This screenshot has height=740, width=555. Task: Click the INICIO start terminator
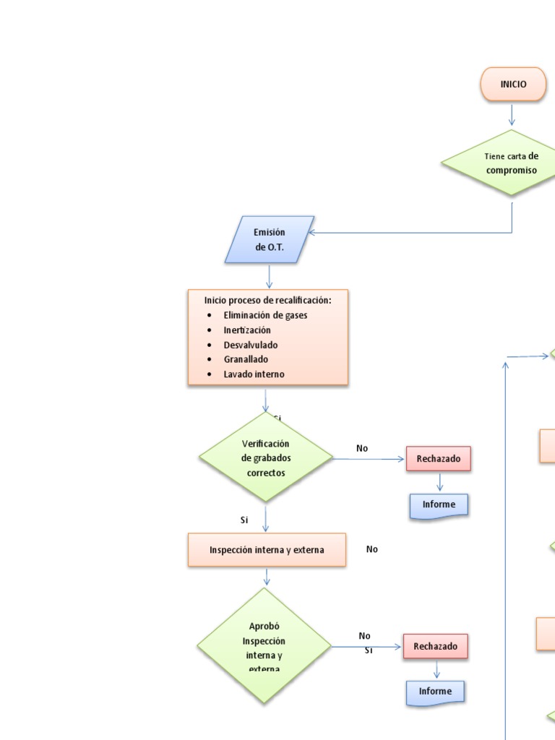click(513, 84)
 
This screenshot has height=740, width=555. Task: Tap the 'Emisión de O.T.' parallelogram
click(270, 240)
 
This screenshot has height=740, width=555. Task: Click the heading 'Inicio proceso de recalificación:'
click(267, 299)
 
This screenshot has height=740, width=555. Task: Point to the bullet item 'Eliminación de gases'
click(265, 315)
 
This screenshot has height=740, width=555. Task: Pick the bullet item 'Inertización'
click(247, 330)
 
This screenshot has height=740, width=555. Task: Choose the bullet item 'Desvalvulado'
click(250, 345)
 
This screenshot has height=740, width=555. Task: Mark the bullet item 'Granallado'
click(246, 359)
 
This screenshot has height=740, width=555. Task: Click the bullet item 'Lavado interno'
click(254, 374)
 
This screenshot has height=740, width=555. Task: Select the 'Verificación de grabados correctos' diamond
click(265, 457)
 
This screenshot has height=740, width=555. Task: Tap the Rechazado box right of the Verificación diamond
click(438, 459)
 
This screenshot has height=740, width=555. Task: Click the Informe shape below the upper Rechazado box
click(439, 505)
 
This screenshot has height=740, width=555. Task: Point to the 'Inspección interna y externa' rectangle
click(267, 550)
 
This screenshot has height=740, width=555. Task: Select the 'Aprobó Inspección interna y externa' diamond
click(264, 645)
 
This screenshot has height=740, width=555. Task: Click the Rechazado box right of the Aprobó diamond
click(435, 646)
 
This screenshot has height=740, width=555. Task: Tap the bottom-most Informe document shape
click(435, 692)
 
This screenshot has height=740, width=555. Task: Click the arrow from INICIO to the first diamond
click(512, 115)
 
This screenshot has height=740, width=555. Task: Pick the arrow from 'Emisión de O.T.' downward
click(270, 276)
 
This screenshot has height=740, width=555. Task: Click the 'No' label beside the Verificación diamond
click(362, 448)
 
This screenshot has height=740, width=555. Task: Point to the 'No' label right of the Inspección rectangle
click(371, 549)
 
